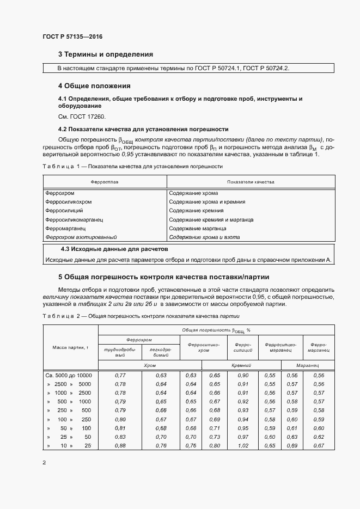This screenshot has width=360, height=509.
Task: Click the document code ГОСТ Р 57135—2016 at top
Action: (72, 37)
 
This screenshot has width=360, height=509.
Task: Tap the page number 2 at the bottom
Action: (44, 463)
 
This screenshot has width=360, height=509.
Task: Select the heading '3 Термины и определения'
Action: (105, 54)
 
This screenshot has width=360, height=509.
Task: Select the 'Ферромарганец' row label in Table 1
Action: (66, 229)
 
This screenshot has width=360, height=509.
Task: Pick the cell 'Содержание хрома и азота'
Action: (204, 237)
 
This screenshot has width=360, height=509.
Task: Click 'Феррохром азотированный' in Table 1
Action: (81, 237)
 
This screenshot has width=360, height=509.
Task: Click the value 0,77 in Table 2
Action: (121, 376)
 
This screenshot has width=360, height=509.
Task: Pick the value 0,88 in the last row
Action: (121, 446)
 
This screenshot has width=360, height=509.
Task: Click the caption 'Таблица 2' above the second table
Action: (61, 316)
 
